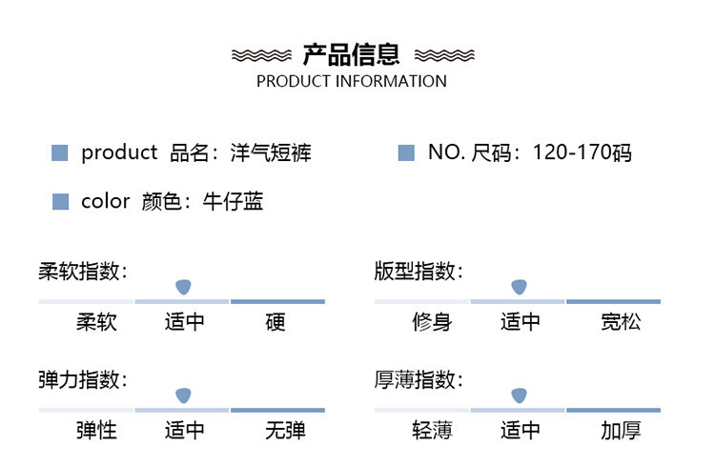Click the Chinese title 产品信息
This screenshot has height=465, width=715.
[352, 53]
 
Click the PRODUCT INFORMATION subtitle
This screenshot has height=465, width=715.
[352, 81]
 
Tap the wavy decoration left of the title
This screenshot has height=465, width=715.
[262, 54]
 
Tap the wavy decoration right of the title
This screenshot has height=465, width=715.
[443, 54]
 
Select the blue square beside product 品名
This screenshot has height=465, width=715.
[60, 152]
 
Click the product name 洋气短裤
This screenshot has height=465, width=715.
[272, 152]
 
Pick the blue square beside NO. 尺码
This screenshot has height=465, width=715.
[406, 152]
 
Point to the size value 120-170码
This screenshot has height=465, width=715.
[582, 152]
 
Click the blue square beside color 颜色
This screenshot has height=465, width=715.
[60, 201]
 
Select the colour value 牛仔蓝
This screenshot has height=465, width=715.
[233, 201]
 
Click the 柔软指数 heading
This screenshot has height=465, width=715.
[82, 272]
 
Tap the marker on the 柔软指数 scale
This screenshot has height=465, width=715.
[183, 286]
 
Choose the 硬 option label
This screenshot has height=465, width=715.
[276, 322]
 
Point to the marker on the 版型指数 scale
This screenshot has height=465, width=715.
[520, 286]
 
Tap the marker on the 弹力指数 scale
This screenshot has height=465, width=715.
[183, 394]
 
